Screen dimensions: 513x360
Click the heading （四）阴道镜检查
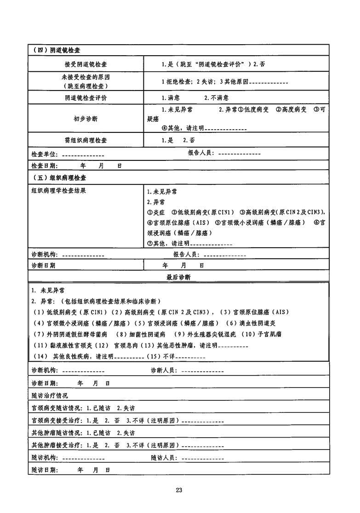(57, 50)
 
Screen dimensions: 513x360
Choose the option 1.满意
(171, 98)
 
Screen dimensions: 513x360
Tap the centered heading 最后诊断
(178, 277)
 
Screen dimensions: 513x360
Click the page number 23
(179, 490)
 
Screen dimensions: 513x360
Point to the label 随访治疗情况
(50, 395)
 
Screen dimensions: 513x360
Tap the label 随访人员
(164, 458)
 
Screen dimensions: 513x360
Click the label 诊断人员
(164, 370)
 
